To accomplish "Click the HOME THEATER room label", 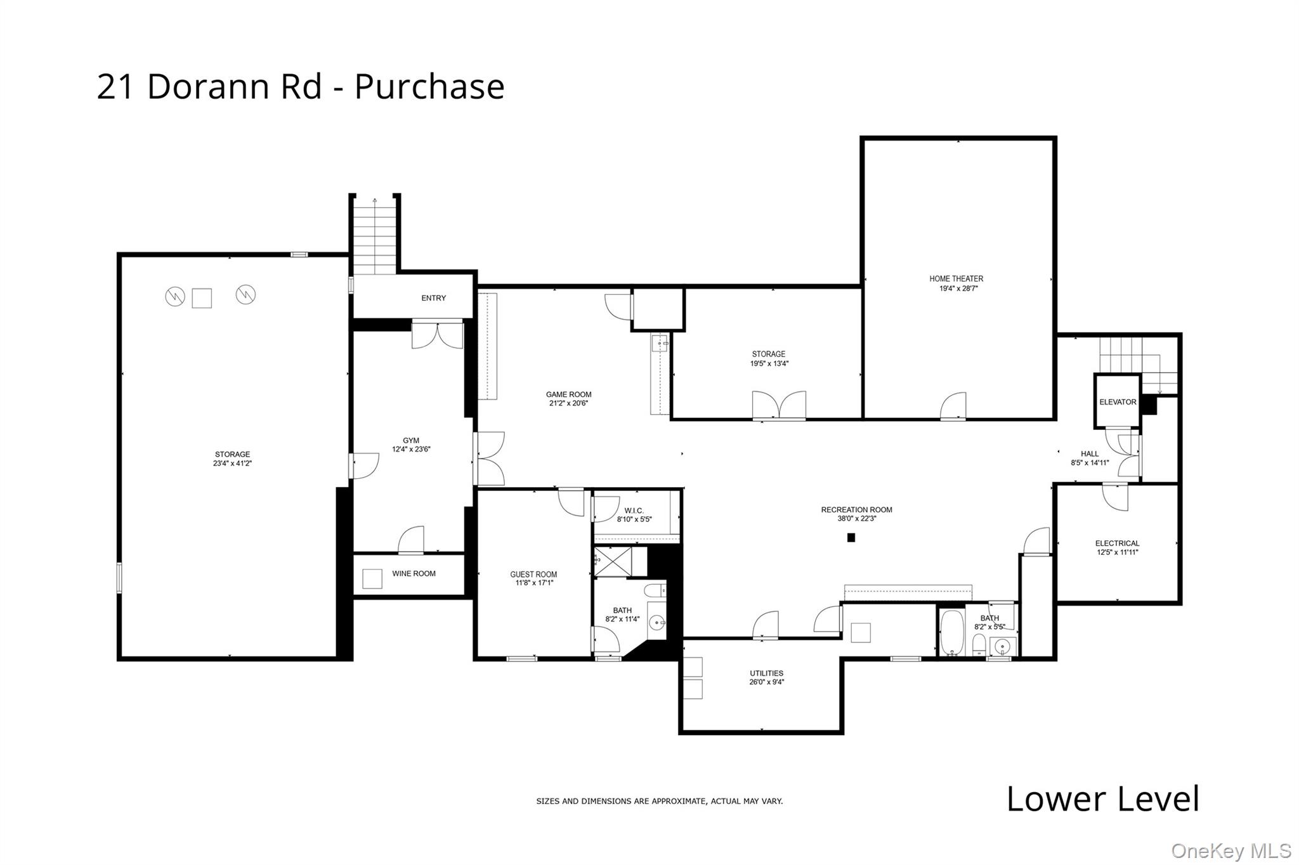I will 956,278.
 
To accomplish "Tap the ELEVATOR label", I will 1118,402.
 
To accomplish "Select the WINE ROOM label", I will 414,573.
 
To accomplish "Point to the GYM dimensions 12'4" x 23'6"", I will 411,450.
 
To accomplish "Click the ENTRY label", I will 434,298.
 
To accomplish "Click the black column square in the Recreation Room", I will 851,538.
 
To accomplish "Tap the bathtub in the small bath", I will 951,632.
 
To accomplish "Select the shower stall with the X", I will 613,561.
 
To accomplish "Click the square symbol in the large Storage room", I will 202,298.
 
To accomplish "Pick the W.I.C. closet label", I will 634,511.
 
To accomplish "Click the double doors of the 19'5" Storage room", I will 779,405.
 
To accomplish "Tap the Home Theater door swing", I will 954,406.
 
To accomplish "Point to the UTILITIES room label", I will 766,673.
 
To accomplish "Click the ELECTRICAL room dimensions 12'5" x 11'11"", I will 1118,552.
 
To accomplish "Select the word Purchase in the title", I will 429,87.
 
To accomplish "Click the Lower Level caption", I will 1102,799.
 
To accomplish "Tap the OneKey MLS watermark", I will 1230,850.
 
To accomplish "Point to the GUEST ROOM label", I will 533,575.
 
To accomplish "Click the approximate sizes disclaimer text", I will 659,802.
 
